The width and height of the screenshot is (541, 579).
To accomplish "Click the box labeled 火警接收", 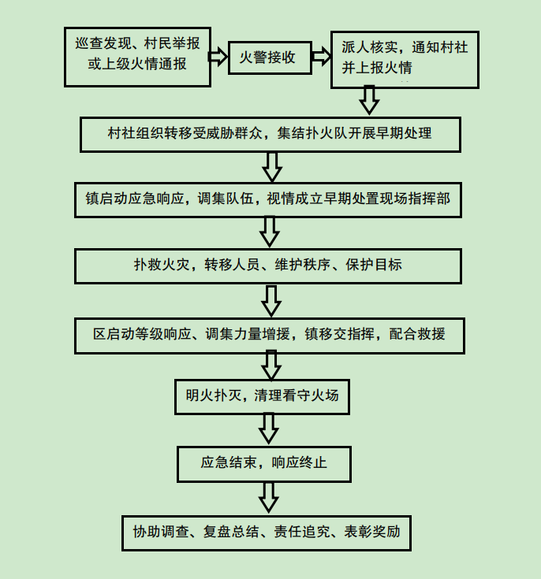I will (267, 58).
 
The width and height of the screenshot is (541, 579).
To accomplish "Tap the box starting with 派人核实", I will (405, 58).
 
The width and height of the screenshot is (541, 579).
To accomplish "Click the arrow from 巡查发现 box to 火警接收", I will (218, 57).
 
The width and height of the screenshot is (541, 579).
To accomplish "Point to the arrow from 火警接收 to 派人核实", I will (321, 57).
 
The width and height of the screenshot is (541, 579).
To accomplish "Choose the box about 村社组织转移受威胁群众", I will (270, 133).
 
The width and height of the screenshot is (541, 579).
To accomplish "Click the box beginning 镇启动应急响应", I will (268, 199).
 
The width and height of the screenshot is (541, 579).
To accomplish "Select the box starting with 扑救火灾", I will (267, 265).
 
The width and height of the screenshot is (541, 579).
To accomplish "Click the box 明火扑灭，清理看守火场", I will (262, 395).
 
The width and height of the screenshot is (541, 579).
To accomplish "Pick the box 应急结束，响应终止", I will (263, 462).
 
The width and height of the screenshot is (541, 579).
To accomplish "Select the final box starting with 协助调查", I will (266, 532).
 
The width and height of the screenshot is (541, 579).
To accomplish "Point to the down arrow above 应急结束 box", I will (269, 428).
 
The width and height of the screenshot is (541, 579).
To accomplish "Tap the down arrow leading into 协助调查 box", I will (269, 496).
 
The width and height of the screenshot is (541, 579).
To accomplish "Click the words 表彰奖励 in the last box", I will (372, 532).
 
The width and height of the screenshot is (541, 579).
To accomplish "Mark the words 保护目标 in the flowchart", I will (373, 265).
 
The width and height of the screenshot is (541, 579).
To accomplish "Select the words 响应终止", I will (299, 462).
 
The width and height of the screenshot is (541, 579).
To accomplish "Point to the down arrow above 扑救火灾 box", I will (270, 232).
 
